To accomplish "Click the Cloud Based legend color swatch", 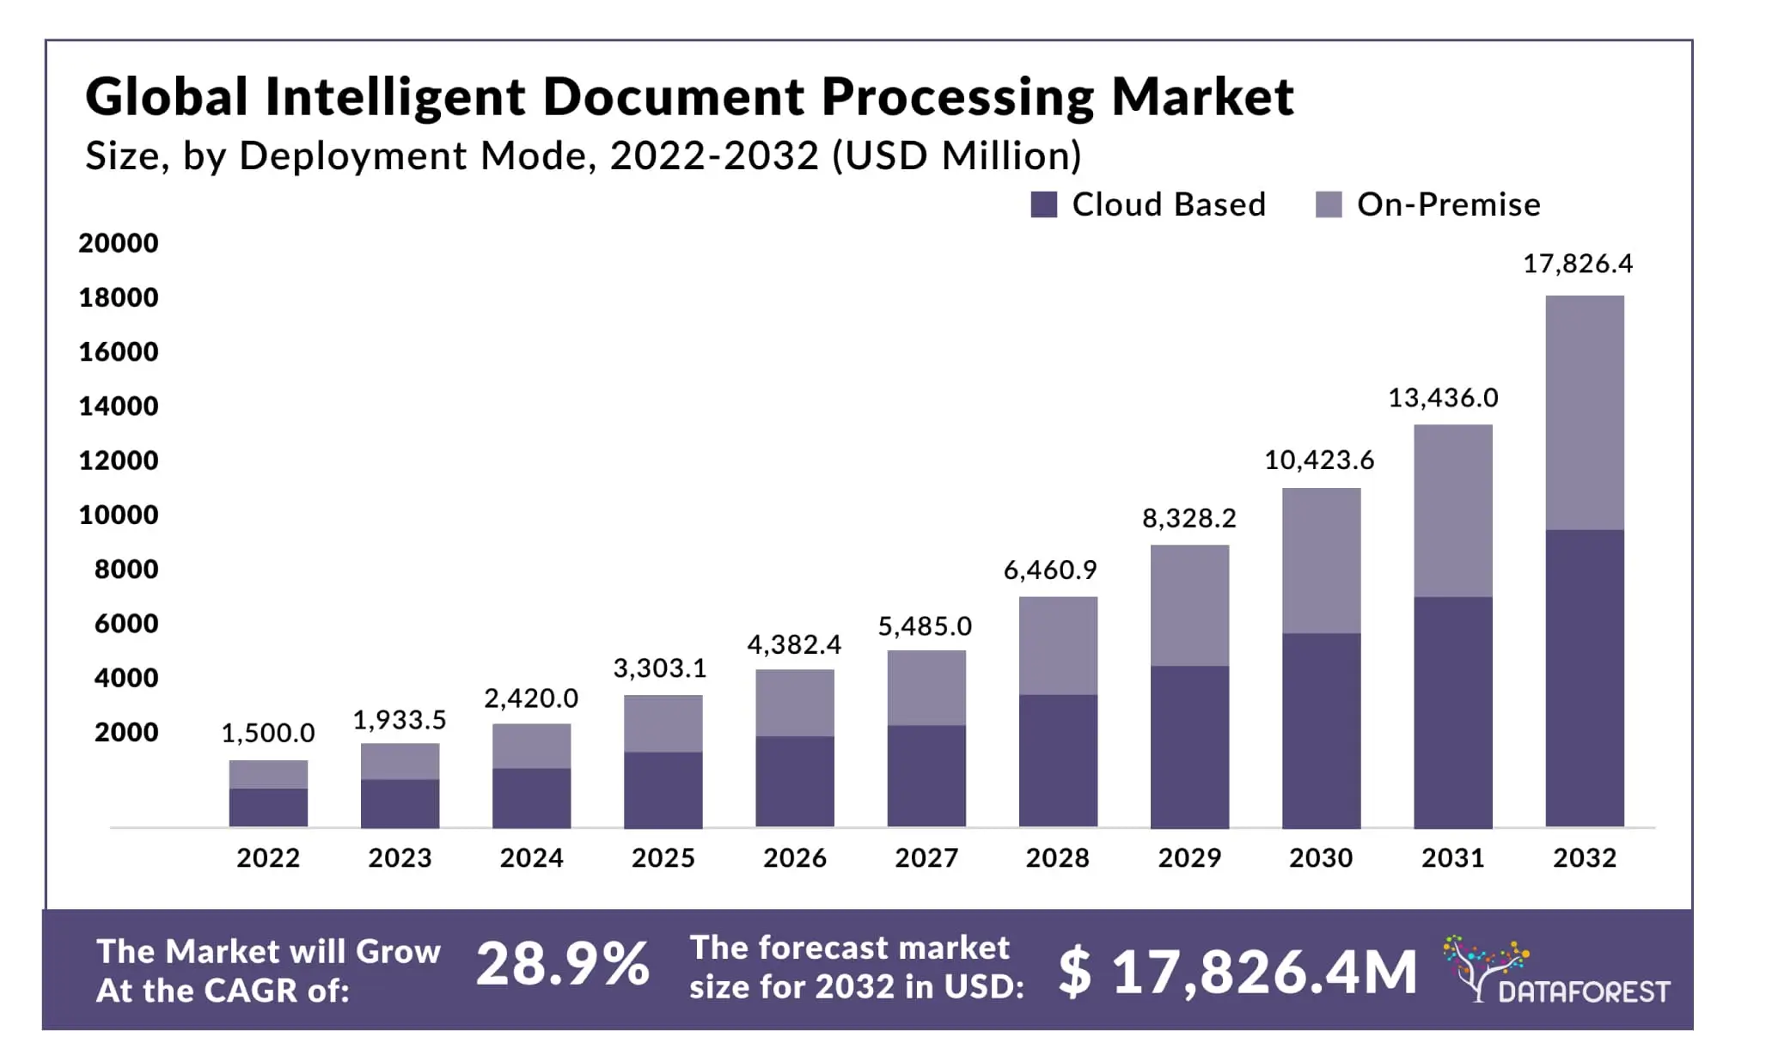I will point(1043,204).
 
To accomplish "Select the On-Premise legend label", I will point(1448,204).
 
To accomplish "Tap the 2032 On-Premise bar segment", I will point(1584,412).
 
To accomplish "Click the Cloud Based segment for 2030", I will point(1321,730).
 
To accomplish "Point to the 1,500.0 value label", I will point(268,733).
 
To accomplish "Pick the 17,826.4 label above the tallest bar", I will point(1577,264).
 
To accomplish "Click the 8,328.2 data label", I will point(1189,518).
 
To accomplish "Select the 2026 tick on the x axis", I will point(794,857).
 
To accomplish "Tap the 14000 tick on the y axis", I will point(119,405).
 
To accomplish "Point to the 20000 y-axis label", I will point(119,243).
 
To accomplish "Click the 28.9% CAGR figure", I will point(563,965).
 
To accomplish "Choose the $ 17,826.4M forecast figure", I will point(1237,972).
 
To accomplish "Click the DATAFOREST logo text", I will point(1583,992).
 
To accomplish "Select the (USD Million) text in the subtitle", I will point(956,156).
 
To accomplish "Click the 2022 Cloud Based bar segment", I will point(268,808).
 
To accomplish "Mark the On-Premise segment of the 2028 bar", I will point(1058,645).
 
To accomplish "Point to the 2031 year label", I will point(1452,857).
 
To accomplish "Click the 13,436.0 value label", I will point(1443,398).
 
